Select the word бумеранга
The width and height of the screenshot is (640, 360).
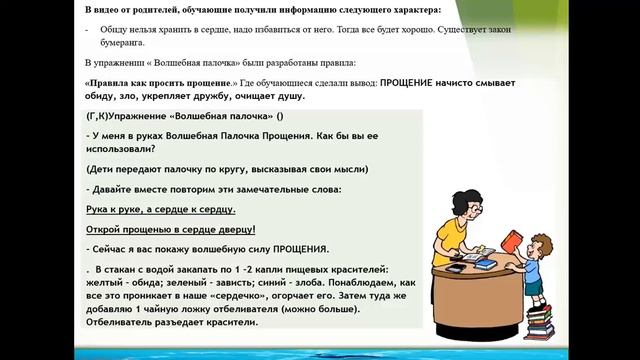click(x=117, y=44)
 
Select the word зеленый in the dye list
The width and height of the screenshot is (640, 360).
click(x=186, y=282)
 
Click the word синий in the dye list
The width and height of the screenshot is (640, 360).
click(x=276, y=282)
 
